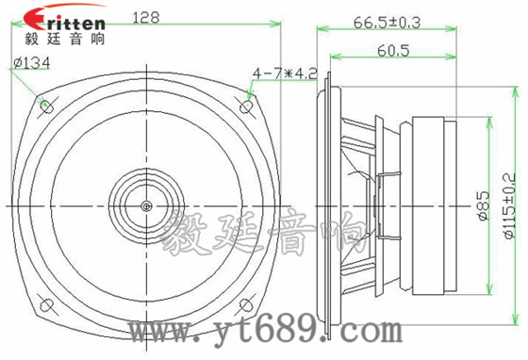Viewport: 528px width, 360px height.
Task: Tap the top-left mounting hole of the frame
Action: (43, 105)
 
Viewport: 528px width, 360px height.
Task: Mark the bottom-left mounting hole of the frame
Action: (43, 306)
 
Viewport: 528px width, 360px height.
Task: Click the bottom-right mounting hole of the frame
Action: (247, 306)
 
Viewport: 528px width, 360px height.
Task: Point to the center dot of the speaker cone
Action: (145, 205)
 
